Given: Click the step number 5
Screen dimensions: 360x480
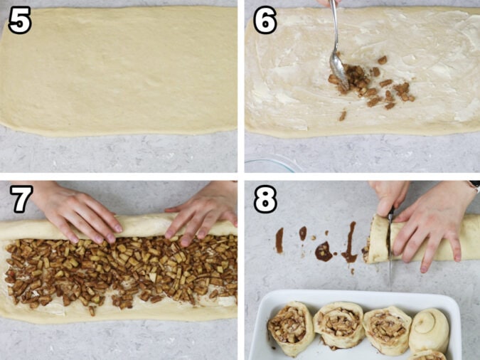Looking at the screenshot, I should (x=19, y=21).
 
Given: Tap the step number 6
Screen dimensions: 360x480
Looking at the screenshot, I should (x=265, y=21).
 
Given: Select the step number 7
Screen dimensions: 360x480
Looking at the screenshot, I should (x=19, y=198).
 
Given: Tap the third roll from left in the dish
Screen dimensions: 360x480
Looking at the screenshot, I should (x=386, y=327).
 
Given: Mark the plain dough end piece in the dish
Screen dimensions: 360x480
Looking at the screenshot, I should (x=429, y=329).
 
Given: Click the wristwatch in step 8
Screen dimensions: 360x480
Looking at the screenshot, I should (x=474, y=186).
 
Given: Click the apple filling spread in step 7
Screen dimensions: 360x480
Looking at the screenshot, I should (x=121, y=270).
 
